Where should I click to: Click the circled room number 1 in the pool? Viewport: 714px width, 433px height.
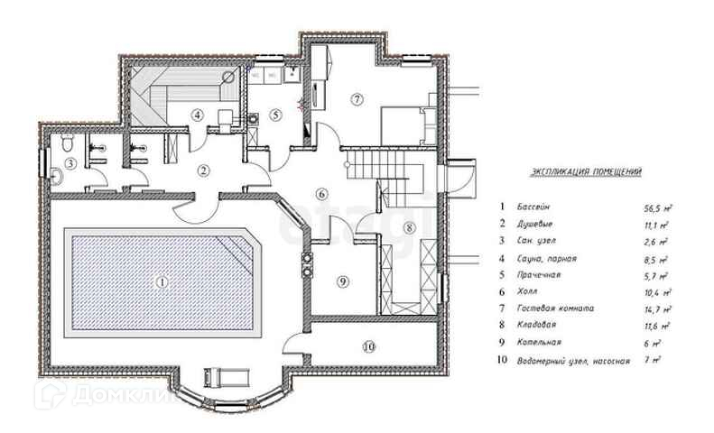162,281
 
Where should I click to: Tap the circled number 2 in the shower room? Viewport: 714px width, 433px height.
204,169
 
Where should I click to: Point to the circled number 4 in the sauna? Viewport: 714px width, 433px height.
197,114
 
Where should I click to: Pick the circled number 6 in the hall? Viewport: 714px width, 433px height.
321,193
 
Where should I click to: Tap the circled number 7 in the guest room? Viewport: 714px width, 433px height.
357,97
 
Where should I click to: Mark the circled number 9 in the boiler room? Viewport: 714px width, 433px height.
341,281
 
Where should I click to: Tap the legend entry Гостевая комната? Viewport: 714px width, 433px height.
556,309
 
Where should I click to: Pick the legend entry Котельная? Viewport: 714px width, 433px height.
542,343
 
